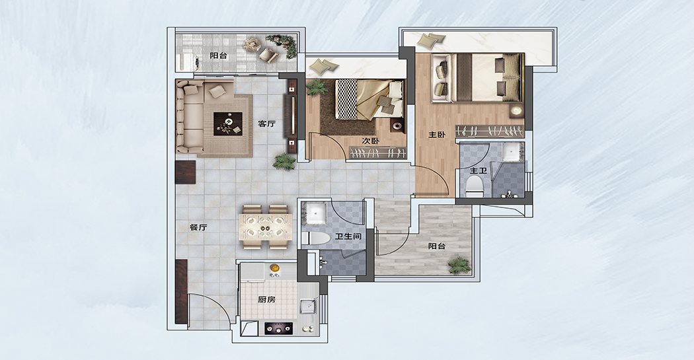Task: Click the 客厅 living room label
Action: (266, 124)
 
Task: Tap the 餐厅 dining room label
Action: (198, 228)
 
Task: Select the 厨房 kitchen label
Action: (266, 299)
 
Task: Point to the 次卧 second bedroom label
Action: (370, 141)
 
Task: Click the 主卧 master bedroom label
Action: (436, 135)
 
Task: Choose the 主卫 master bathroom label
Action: (478, 170)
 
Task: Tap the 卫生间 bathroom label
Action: (348, 236)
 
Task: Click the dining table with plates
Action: (266, 227)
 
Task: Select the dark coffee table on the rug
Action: (228, 124)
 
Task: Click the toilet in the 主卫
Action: (475, 186)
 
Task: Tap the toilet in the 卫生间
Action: (315, 238)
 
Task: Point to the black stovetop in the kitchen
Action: (279, 328)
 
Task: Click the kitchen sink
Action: (309, 306)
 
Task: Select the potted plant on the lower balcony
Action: (459, 265)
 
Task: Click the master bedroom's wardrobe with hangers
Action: (490, 131)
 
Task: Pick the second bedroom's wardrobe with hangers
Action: (378, 153)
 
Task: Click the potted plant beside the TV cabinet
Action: (284, 162)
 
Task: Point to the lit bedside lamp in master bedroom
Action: (516, 110)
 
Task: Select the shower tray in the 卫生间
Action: (315, 213)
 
